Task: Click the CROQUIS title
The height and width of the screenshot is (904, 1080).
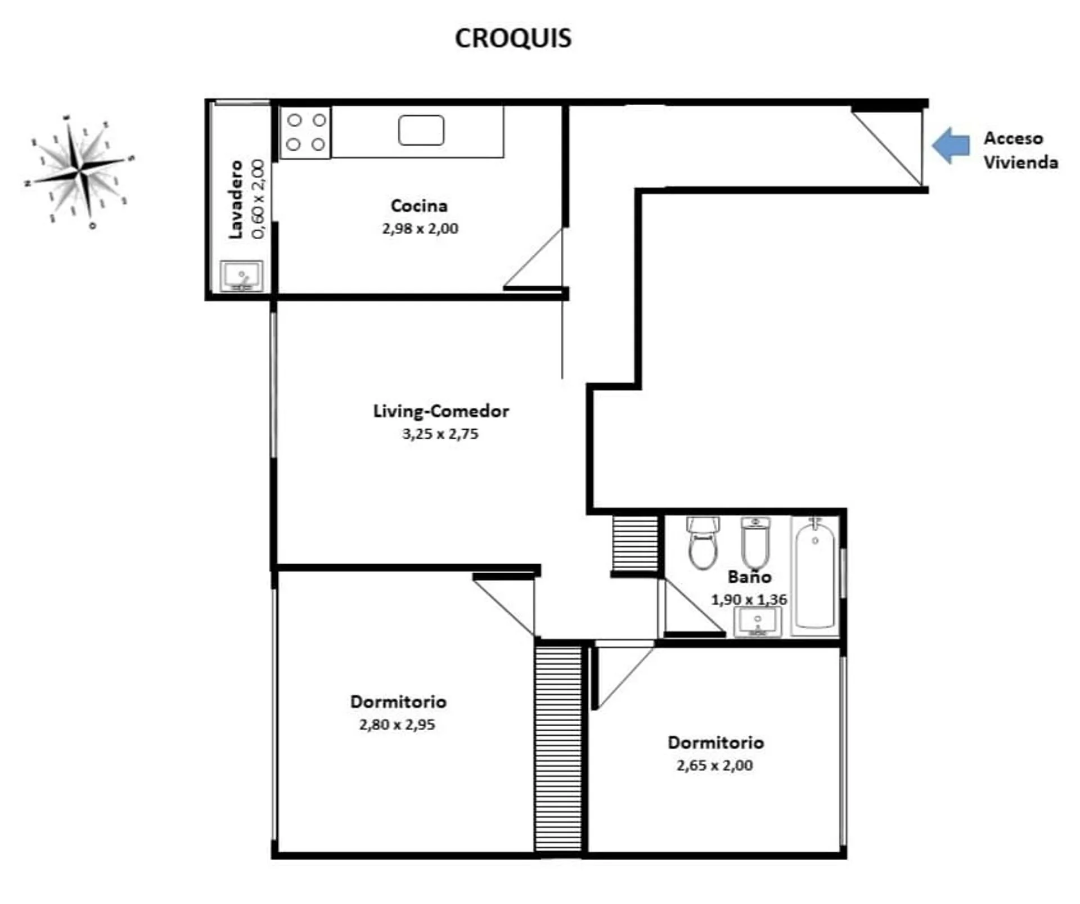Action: point(513,38)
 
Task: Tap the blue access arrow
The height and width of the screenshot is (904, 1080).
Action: point(951,145)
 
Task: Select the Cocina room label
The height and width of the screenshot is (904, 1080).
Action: point(419,205)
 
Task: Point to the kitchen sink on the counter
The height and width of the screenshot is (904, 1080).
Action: point(421,130)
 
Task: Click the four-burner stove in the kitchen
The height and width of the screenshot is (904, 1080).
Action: point(306,132)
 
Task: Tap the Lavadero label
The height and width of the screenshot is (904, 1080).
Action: point(236,200)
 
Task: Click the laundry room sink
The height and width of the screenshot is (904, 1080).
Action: point(241,276)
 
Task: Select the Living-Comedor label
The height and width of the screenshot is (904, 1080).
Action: point(441,411)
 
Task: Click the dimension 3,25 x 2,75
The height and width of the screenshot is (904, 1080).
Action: point(440,434)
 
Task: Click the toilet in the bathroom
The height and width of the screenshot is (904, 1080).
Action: point(703,543)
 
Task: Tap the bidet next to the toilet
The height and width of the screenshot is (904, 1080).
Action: point(755,543)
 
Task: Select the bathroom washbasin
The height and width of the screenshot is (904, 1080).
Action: point(758,622)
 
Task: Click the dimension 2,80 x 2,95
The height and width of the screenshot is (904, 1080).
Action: point(397,725)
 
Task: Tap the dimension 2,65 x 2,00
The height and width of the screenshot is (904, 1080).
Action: point(715,765)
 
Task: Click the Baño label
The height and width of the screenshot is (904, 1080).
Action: point(749,577)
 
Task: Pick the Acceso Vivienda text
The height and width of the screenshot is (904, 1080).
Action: point(1020,150)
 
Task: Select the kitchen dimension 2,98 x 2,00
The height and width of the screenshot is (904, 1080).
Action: point(420,228)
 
